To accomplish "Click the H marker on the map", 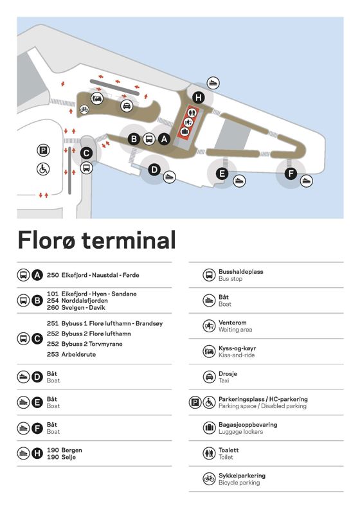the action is [199, 98].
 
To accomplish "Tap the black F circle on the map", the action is [291, 174].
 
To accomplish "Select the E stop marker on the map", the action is [222, 174].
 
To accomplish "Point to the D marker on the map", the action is [154, 170].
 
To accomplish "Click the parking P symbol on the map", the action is [43, 150].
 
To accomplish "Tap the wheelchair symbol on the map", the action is [43, 169].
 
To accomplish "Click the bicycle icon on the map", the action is [84, 109].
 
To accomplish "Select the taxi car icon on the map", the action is [127, 106].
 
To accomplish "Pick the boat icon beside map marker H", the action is [213, 83].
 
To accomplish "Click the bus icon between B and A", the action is [149, 139].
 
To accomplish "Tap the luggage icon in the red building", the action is [184, 132].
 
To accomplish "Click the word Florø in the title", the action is [47, 240].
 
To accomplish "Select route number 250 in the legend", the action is [53, 275].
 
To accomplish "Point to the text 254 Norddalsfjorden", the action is [77, 301].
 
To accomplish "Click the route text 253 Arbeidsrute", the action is [71, 354].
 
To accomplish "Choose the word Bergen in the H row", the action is [71, 451].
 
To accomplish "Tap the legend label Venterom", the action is [233, 323].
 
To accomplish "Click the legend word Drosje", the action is [228, 373].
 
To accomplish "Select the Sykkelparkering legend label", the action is [242, 476].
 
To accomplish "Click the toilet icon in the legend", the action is [209, 454].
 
